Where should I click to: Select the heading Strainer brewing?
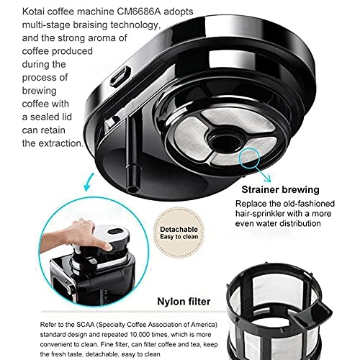280,189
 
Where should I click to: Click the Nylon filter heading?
184,302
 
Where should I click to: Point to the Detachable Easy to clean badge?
179,233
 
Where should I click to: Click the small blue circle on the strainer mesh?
249,158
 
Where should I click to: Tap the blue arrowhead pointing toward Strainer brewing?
267,179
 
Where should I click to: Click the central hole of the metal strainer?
225,142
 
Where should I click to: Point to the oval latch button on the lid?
120,76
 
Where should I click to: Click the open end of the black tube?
132,189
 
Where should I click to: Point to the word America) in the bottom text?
204,325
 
